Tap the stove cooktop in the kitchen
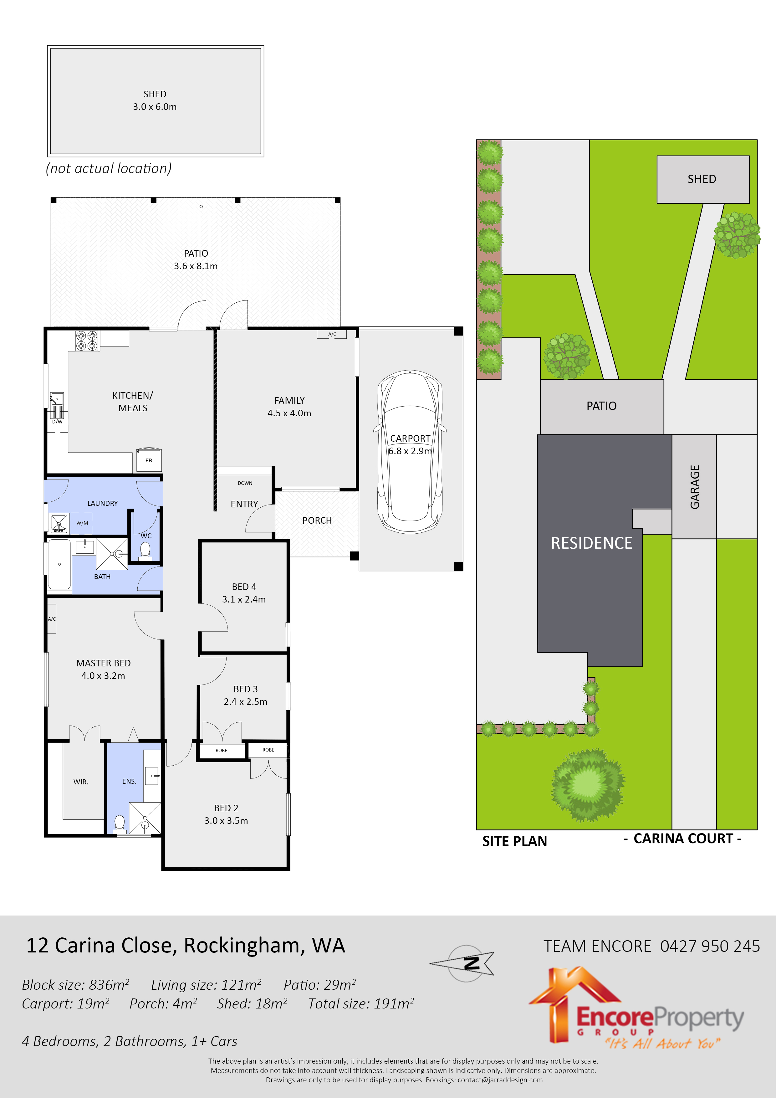click(x=87, y=341)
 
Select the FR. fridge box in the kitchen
click(x=149, y=460)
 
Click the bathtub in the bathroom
click(x=59, y=564)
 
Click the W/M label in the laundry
click(x=82, y=523)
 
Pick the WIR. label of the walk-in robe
click(x=81, y=782)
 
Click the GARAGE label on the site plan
click(x=695, y=487)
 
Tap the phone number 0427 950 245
click(x=710, y=946)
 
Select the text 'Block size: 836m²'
click(x=75, y=985)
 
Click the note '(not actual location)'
click(x=109, y=168)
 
